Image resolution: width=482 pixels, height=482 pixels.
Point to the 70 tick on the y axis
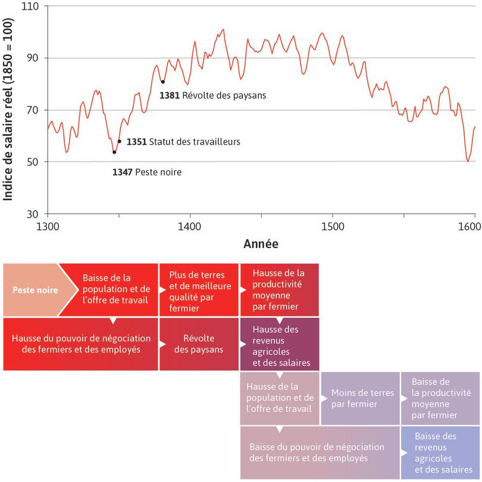[33, 110]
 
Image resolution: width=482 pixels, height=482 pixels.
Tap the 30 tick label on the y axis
[33, 214]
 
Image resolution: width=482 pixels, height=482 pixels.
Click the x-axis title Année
[261, 244]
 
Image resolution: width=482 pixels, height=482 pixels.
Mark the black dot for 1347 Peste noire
[114, 152]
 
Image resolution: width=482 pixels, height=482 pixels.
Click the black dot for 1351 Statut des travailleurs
[120, 142]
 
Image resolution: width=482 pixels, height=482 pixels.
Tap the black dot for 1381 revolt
[162, 82]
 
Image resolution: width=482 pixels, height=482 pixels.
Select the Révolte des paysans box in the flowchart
[198, 343]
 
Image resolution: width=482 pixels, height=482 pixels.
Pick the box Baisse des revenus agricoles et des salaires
[440, 452]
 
